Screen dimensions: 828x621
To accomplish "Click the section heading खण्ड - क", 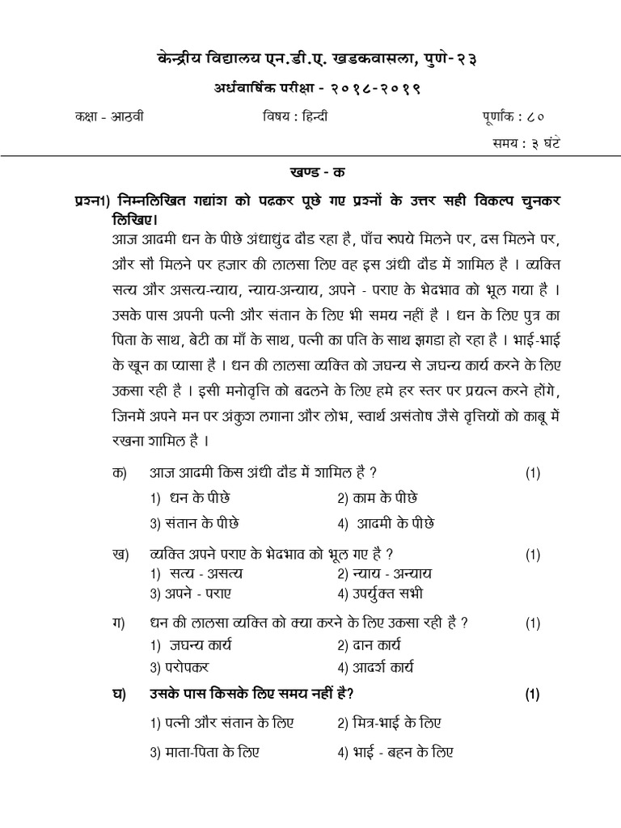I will click(x=310, y=173).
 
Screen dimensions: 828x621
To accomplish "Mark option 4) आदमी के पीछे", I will click(x=384, y=522).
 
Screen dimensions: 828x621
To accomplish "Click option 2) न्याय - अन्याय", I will click(x=385, y=573).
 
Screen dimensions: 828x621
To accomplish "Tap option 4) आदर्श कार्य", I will click(x=375, y=668).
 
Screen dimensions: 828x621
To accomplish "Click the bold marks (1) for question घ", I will click(x=532, y=693).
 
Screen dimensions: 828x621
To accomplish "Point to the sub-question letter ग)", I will click(x=121, y=623).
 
